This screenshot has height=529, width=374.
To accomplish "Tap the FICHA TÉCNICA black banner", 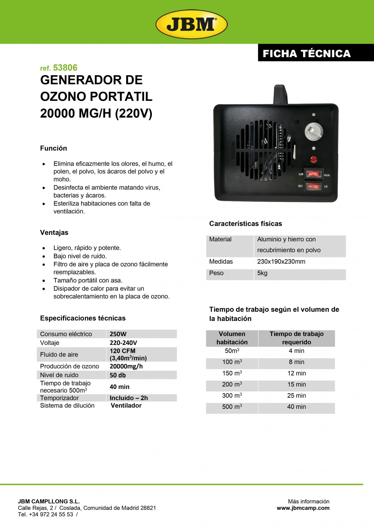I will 307,53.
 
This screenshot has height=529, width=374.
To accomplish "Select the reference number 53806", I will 65,68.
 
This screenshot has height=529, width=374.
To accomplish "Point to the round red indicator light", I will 313,160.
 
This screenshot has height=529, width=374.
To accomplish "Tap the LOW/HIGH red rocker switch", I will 314,174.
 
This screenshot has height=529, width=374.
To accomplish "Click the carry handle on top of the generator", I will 281,95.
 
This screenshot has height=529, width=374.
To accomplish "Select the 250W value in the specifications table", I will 118,334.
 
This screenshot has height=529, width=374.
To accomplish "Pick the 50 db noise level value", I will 118,375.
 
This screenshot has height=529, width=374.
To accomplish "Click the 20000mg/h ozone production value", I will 126,366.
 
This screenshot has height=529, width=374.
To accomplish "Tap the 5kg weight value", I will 262,273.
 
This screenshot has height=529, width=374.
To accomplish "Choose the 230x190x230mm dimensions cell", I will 281,261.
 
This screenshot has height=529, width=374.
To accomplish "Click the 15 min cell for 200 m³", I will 296,384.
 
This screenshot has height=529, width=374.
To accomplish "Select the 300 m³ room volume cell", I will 232,396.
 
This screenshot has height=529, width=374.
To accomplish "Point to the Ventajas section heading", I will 54,233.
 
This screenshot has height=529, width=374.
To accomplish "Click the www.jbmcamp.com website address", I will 303,508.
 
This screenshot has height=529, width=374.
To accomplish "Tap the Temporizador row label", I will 59,398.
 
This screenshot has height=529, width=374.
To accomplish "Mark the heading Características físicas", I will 245,223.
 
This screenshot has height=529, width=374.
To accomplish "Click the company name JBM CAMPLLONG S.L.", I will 49,501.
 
